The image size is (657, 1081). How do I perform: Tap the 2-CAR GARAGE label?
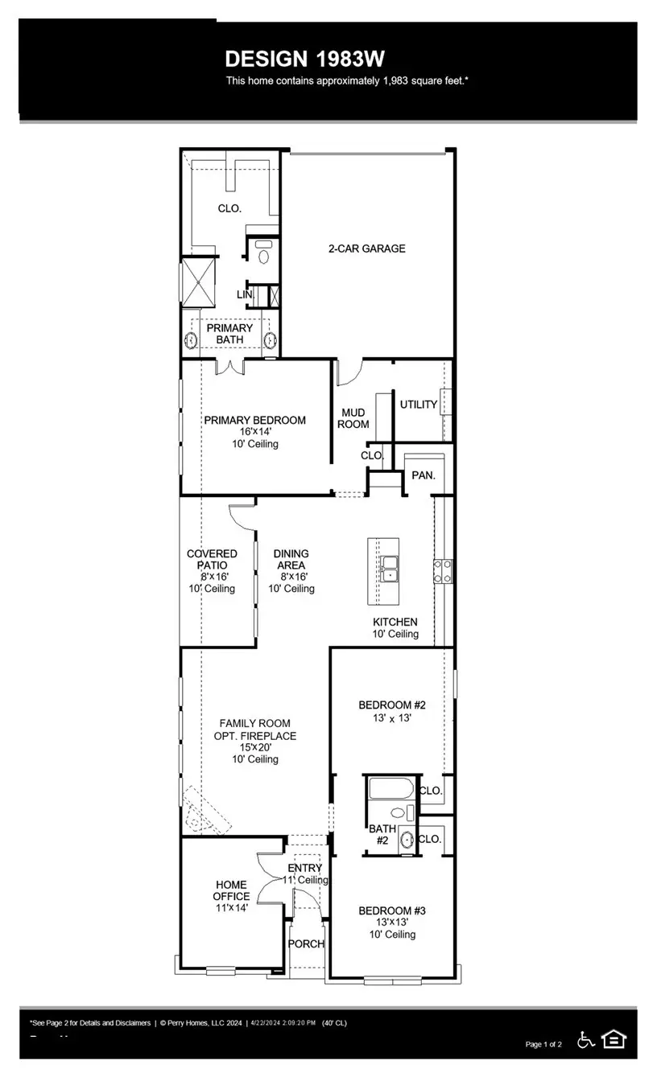click(366, 249)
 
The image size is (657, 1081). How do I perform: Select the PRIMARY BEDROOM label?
click(254, 420)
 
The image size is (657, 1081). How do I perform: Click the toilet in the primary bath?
click(263, 250)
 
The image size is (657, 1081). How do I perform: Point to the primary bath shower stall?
click(199, 281)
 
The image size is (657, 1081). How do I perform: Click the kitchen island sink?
click(390, 569)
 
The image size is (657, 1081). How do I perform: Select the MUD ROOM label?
click(353, 417)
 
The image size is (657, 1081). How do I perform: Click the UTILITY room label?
click(419, 405)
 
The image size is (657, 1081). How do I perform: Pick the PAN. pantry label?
click(424, 475)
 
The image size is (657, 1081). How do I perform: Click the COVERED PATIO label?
click(212, 560)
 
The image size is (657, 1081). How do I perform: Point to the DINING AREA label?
click(291, 560)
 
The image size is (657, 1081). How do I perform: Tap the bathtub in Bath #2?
click(391, 787)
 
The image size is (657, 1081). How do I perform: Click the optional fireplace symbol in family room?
click(203, 811)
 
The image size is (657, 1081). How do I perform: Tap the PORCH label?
click(306, 943)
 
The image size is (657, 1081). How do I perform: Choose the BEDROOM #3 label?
click(391, 910)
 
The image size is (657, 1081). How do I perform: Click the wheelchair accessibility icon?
click(587, 1040)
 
